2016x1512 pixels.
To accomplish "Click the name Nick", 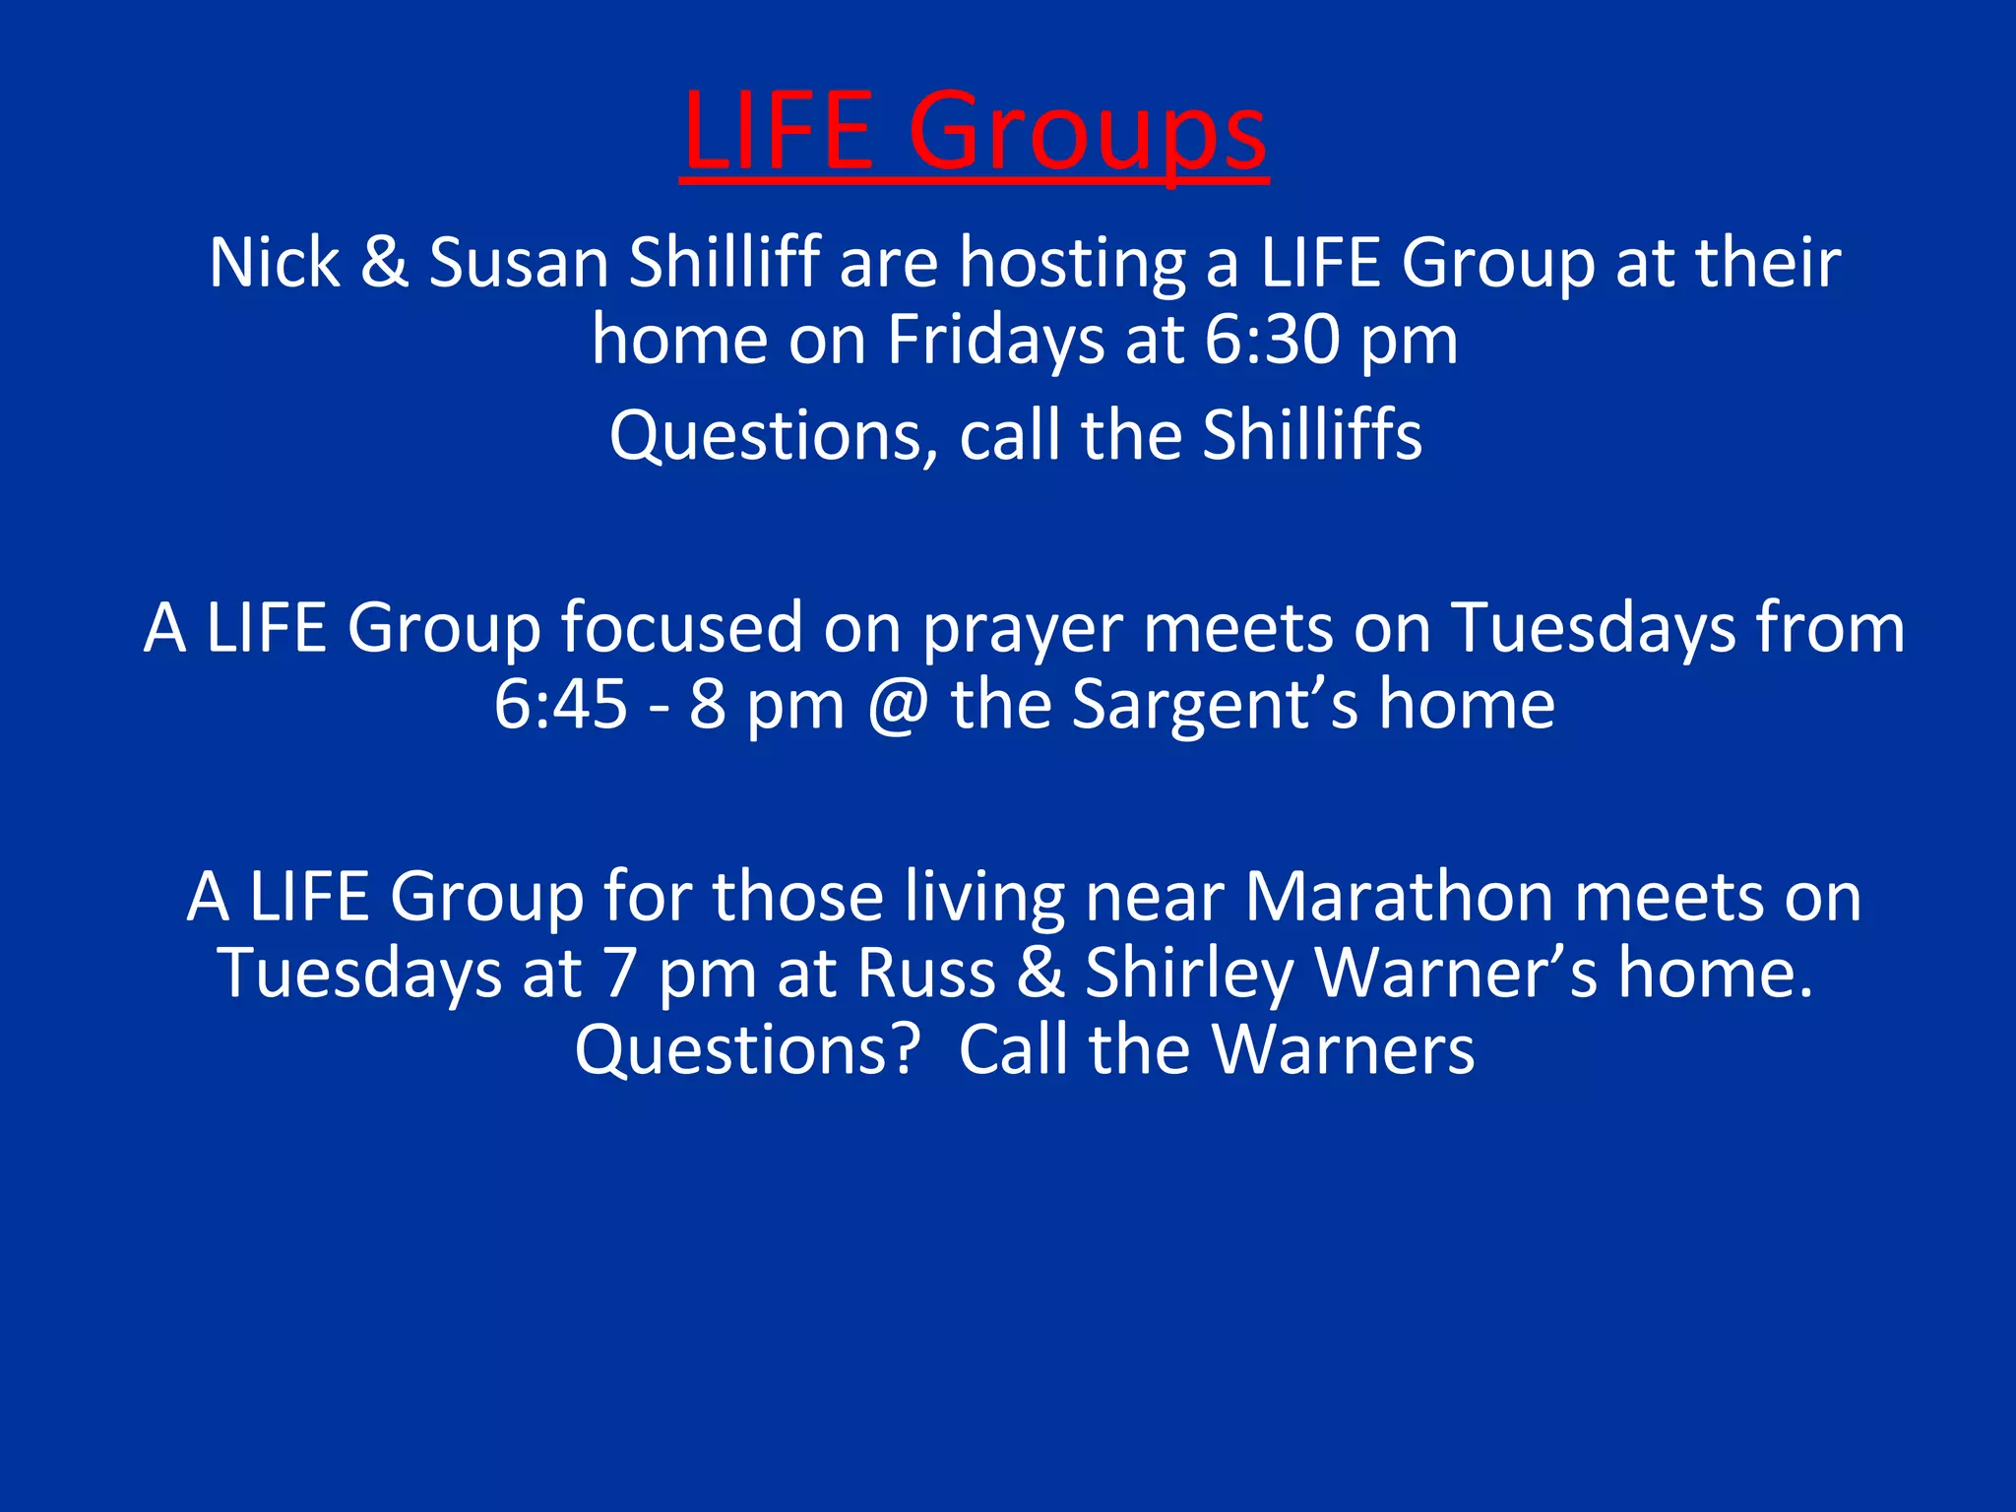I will click(274, 263).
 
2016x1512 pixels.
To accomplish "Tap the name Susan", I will click(519, 263).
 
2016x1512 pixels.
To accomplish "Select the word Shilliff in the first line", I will click(724, 263).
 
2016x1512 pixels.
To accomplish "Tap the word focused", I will click(681, 627).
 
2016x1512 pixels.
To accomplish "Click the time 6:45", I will click(560, 704).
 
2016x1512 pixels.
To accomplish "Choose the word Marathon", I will click(1399, 897).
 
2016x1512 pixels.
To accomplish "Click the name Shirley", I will click(1189, 975).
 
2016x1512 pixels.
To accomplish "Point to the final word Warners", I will click(1343, 1049).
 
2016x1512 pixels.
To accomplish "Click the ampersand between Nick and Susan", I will click(384, 263).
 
